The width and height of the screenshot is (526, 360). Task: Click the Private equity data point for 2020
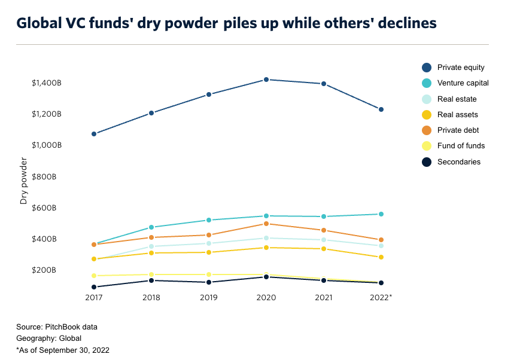[266, 80]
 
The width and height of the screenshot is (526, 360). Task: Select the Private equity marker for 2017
[94, 134]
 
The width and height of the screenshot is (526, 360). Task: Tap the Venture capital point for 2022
[381, 214]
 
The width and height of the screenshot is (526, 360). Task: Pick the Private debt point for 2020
[266, 224]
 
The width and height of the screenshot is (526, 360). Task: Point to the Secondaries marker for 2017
[94, 287]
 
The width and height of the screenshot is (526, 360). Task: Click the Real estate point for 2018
[151, 246]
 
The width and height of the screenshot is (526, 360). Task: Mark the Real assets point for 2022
[381, 257]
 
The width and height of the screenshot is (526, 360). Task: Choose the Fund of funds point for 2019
[209, 274]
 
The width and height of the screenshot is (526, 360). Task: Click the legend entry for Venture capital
[463, 83]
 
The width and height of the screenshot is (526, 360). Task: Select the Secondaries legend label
[458, 161]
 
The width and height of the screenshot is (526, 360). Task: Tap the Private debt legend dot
[427, 130]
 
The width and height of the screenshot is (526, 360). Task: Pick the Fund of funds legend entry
[461, 146]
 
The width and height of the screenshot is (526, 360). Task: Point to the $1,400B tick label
[47, 83]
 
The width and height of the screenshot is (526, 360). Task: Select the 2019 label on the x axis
[209, 297]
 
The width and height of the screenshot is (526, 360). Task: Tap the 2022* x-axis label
[381, 297]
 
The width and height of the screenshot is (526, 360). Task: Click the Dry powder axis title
[24, 181]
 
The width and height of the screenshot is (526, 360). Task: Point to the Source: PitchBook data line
[57, 327]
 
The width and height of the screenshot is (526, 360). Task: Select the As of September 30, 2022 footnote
[63, 350]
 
